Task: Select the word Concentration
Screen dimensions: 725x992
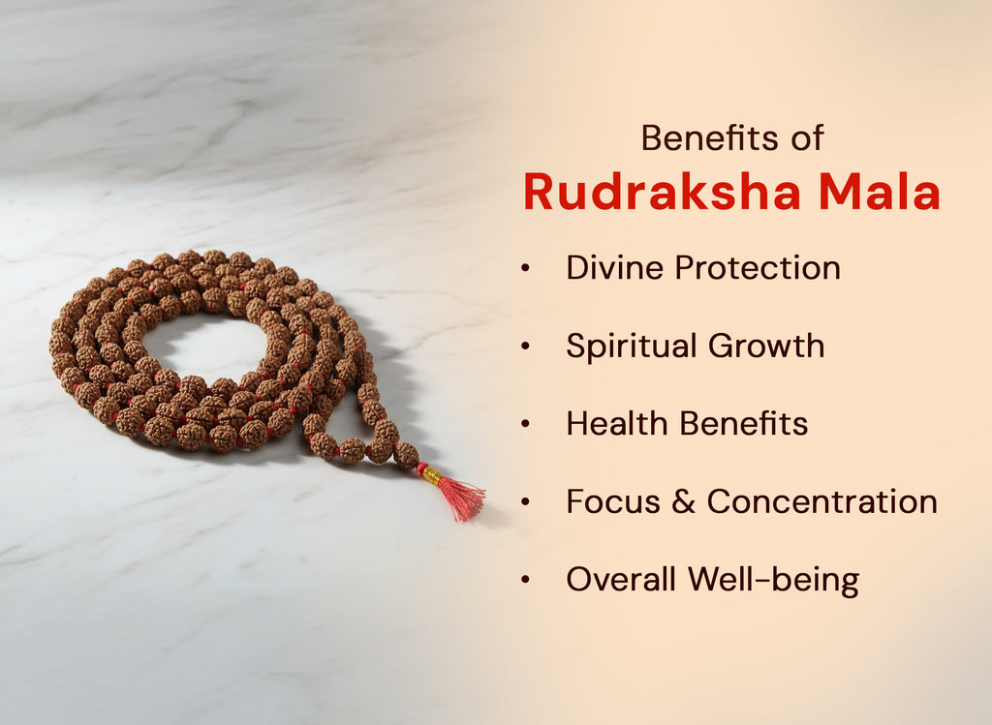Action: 821,501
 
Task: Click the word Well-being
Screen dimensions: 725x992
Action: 774,580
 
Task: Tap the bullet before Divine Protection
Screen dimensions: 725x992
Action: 525,269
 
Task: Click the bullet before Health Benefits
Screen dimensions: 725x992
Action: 525,424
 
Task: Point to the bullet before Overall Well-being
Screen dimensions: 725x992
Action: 525,580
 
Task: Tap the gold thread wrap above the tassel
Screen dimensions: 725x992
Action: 431,475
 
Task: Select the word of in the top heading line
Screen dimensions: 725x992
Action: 804,138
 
